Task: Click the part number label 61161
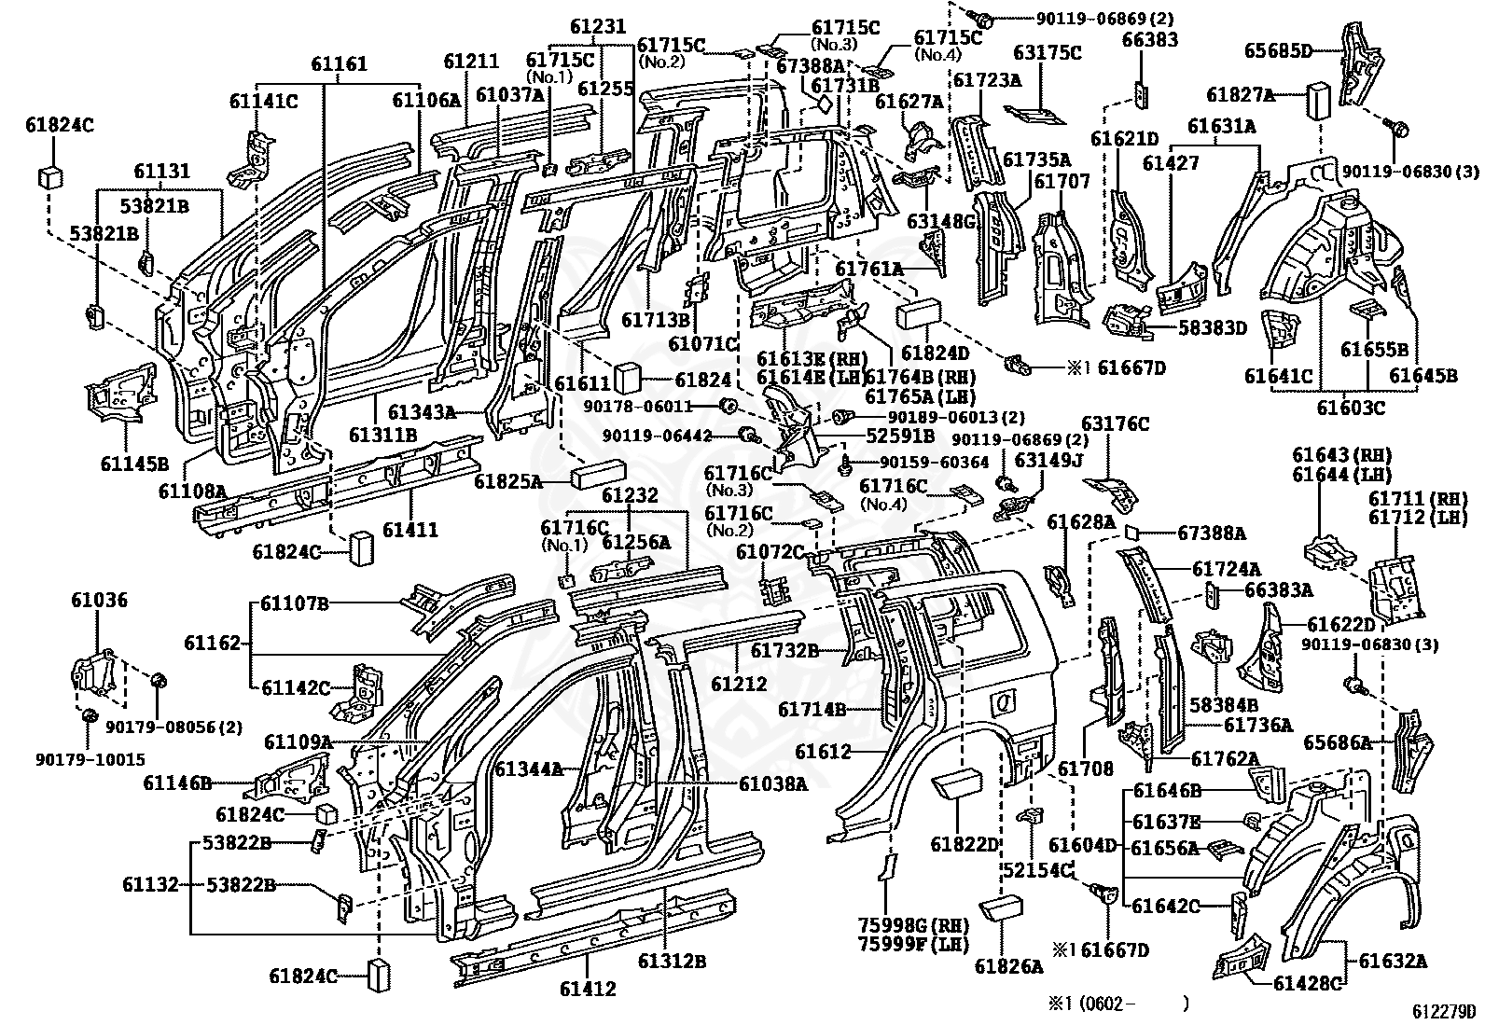click(339, 63)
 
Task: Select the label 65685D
click(1278, 51)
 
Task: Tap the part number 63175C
click(1047, 52)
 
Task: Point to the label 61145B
click(134, 464)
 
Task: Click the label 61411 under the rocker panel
click(410, 530)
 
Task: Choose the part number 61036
click(99, 600)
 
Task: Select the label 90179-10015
click(90, 759)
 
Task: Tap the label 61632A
click(1393, 960)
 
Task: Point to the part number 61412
click(588, 989)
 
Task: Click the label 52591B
click(900, 436)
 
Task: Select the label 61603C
click(1351, 407)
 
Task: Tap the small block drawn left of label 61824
click(627, 379)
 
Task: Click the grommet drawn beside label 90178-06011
click(727, 405)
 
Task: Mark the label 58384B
click(1223, 704)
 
